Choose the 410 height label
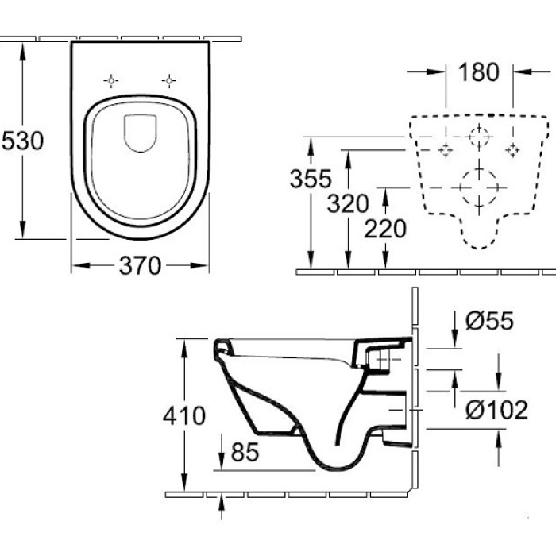(183, 415)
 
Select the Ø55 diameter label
(490, 321)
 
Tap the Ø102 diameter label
(496, 410)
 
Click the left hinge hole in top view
(111, 80)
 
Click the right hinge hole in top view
(168, 80)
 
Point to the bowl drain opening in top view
(141, 133)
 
